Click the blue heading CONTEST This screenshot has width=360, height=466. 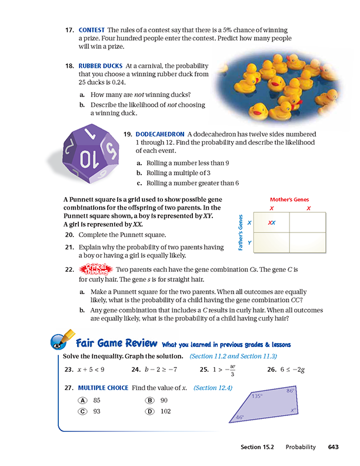coord(91,30)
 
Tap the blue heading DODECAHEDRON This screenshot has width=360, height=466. coord(159,134)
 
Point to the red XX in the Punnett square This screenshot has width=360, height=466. coord(272,223)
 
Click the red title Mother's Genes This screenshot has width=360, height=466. coord(289,199)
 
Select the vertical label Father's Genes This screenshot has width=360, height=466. coord(241,234)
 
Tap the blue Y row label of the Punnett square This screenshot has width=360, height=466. coord(249,242)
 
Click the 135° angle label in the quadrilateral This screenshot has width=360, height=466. coord(257,396)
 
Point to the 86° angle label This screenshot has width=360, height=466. coord(290,391)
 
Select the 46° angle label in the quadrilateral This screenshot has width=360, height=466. coord(240,417)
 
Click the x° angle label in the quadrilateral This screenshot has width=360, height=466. coord(292,410)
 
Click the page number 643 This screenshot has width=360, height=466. coord(334,447)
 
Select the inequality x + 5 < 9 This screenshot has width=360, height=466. coord(91,370)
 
